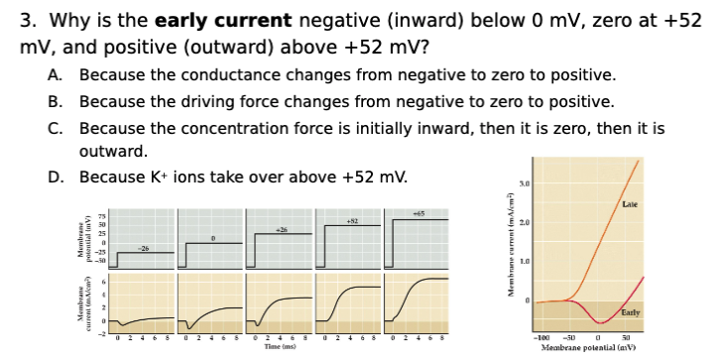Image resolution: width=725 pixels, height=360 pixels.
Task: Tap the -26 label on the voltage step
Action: coord(145,247)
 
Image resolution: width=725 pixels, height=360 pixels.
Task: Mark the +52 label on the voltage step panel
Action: coord(349,219)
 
